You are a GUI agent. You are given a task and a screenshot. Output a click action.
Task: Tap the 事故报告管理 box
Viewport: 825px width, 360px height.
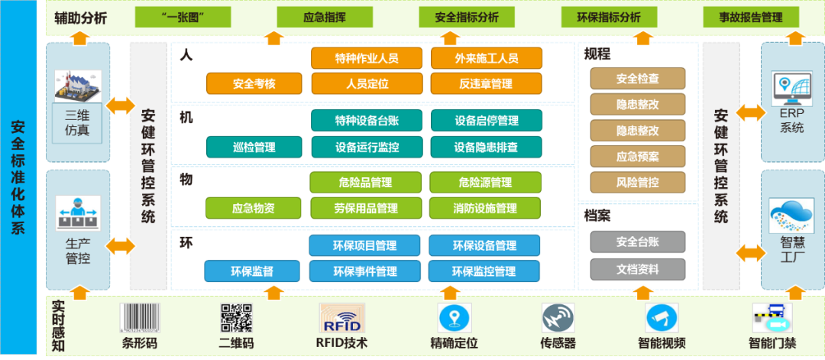click(751, 16)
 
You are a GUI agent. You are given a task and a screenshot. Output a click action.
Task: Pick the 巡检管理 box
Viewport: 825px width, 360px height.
click(253, 147)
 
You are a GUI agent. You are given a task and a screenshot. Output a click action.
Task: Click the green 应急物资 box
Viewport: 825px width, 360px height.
click(253, 207)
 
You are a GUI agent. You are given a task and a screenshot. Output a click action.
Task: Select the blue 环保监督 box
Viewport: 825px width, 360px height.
click(251, 271)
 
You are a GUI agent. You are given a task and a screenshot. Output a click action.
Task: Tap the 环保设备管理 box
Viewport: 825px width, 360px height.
click(484, 245)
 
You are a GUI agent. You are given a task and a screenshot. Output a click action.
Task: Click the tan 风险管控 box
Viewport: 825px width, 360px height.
click(638, 183)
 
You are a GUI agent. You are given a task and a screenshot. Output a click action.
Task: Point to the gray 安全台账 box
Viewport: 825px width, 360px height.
click(638, 242)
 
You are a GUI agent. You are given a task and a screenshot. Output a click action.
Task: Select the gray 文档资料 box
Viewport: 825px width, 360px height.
click(638, 269)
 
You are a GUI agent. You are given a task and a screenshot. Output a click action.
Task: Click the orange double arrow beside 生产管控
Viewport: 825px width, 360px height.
click(121, 246)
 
